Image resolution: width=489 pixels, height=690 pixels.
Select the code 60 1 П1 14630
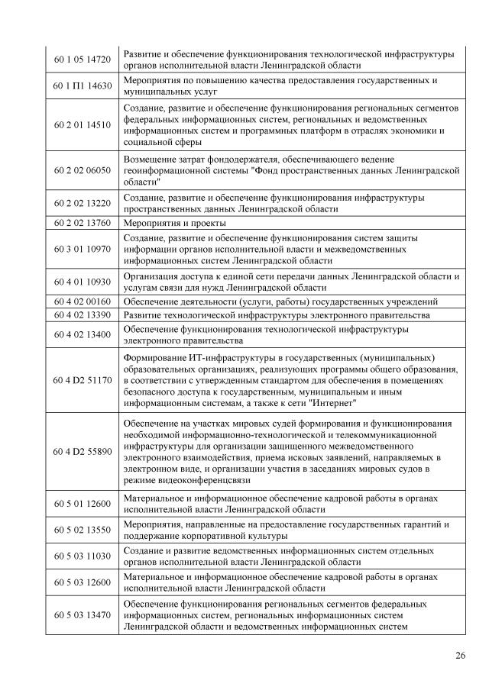[x=83, y=85]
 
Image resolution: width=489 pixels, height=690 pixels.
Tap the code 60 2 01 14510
[x=83, y=124]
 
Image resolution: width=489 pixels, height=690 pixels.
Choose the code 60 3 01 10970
[x=83, y=249]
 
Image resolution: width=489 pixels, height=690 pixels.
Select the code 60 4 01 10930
[x=83, y=282]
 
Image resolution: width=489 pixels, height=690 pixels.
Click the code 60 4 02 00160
[x=83, y=301]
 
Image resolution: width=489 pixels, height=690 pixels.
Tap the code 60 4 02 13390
[x=83, y=315]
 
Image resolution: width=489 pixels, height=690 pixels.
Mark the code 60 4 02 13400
[x=83, y=334]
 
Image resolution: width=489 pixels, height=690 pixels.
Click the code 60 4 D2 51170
[x=83, y=379]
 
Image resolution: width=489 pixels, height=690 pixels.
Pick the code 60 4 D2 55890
[x=83, y=451]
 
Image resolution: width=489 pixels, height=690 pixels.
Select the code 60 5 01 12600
[x=83, y=503]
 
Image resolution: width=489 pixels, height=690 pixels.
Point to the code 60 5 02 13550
[x=83, y=530]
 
